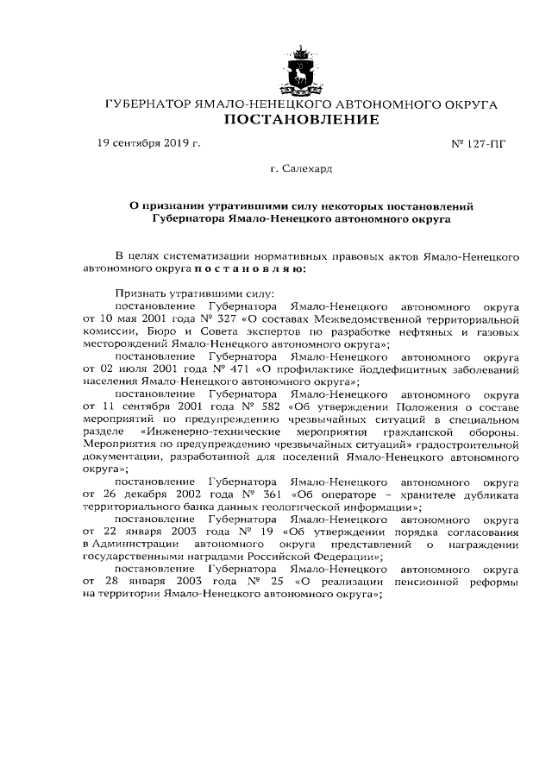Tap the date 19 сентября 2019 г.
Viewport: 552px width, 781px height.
(149, 143)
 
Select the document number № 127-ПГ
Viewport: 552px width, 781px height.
(479, 144)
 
